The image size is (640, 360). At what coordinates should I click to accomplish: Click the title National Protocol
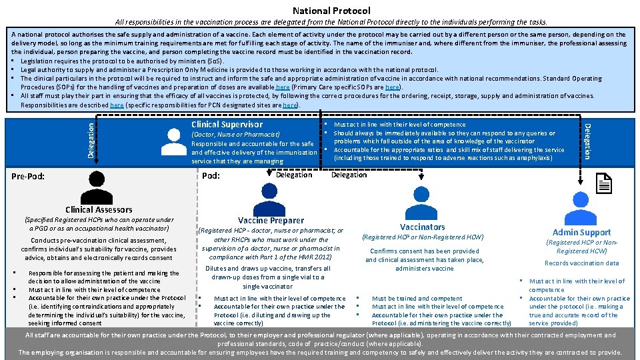(x=331, y=11)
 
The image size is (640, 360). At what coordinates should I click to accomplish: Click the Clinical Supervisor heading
(x=227, y=125)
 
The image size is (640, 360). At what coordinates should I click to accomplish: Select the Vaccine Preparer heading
(x=271, y=221)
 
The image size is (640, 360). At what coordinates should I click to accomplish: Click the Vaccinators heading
(x=422, y=227)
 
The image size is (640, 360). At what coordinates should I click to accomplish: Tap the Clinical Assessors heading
(x=99, y=209)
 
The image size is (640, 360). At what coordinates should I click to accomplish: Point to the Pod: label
(x=211, y=175)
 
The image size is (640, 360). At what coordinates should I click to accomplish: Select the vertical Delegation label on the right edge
(x=587, y=141)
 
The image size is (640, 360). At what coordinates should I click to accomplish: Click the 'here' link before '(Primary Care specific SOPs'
(x=283, y=87)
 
